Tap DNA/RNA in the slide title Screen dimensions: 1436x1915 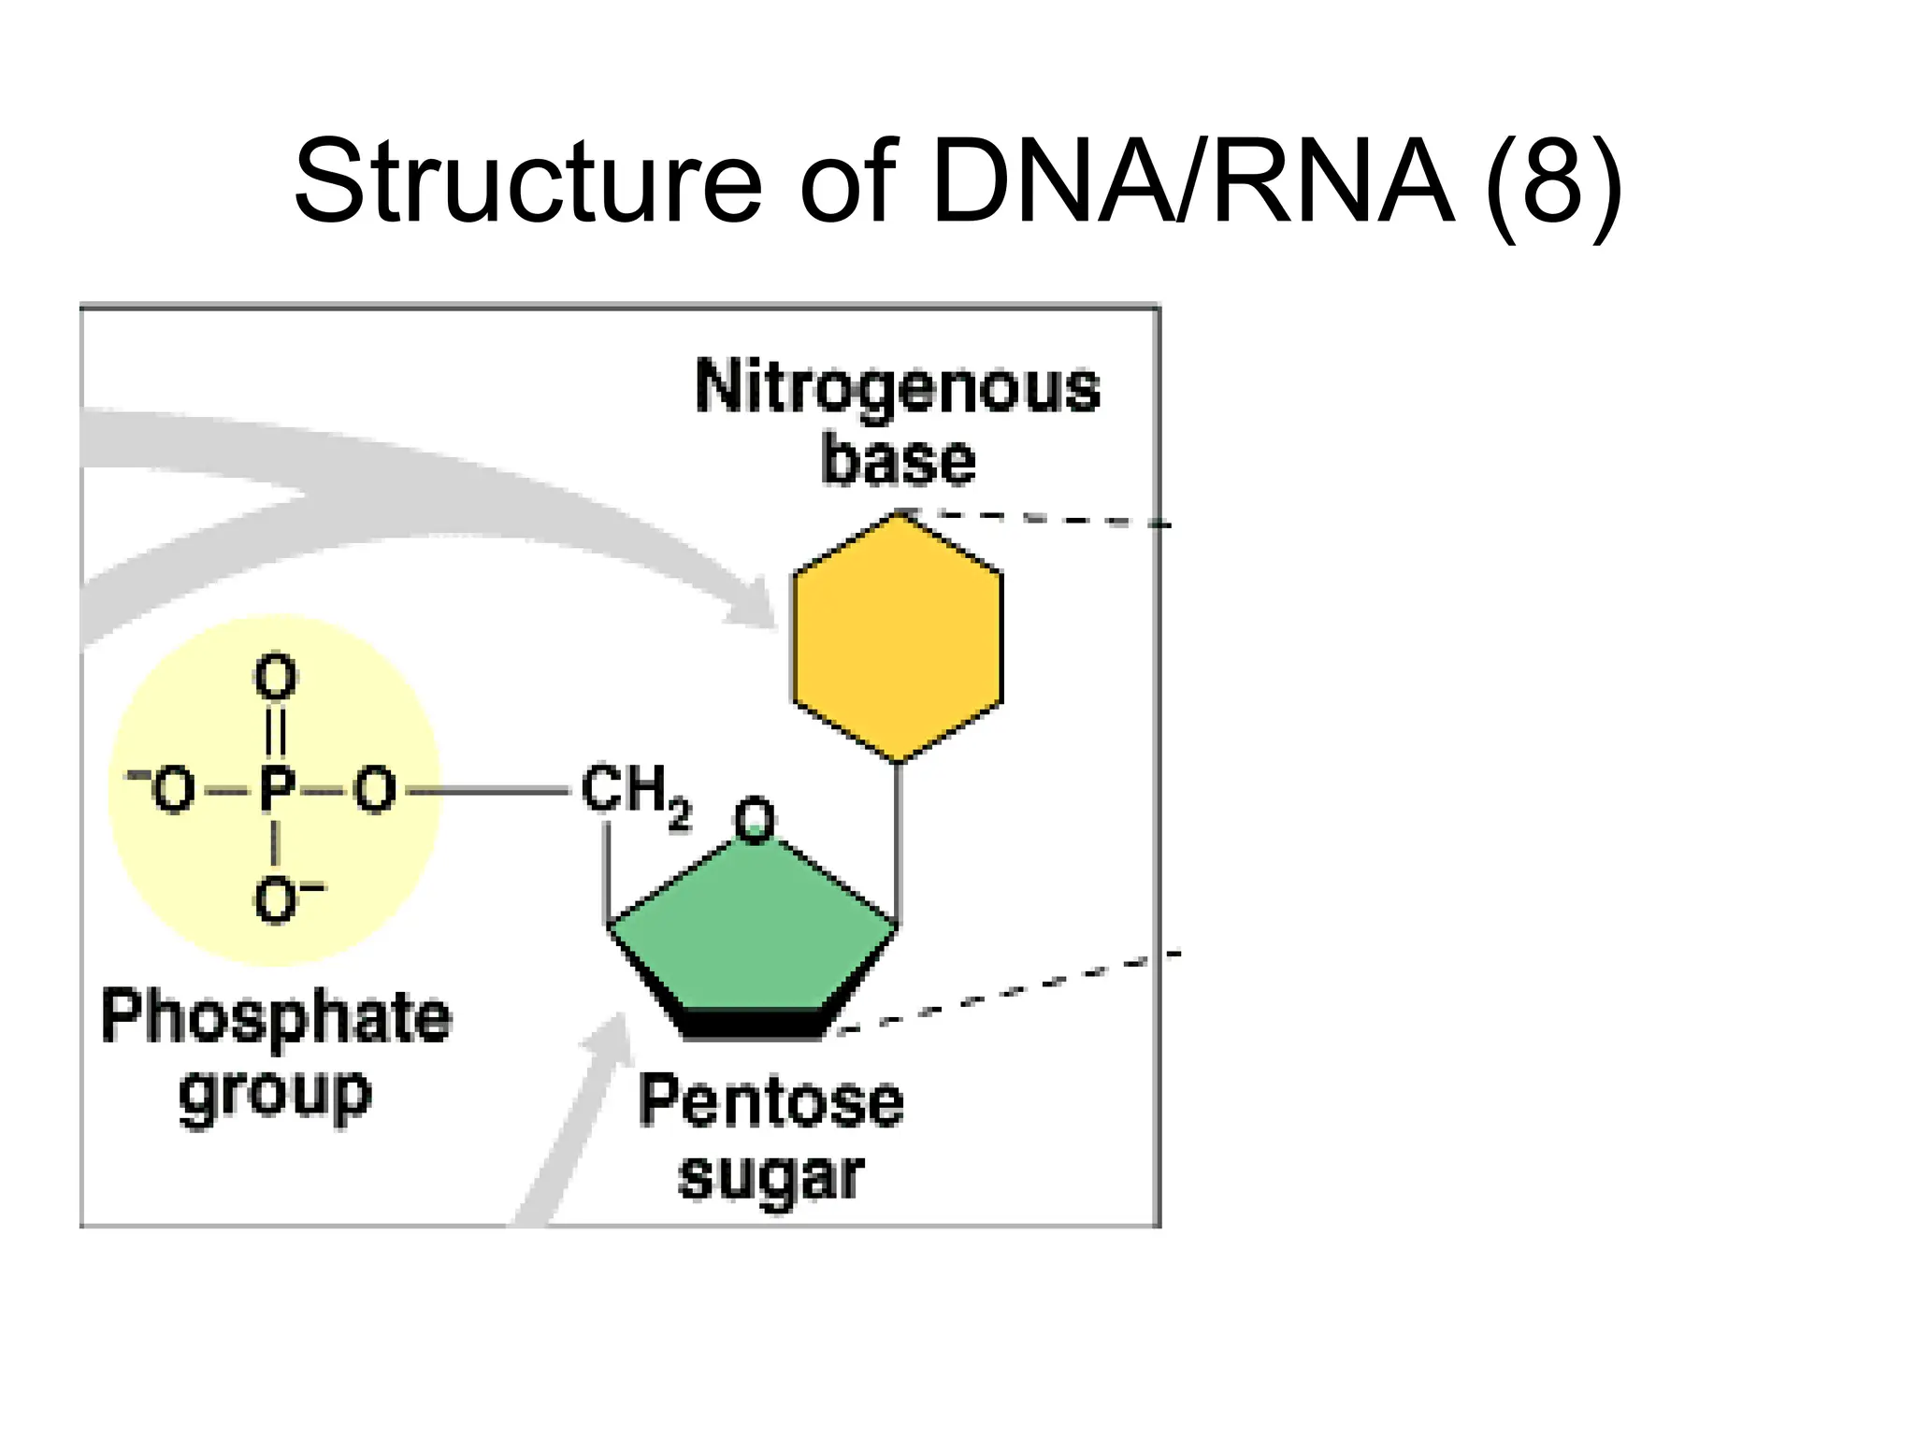(1193, 181)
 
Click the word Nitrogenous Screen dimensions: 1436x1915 (898, 388)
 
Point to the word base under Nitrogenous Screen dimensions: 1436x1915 (898, 460)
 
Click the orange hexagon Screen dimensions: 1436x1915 (898, 638)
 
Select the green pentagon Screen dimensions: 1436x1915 (753, 935)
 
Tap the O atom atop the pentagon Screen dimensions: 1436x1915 (754, 821)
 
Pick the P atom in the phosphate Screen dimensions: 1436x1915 (276, 791)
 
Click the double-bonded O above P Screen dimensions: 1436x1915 (276, 677)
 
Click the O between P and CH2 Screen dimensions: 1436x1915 (375, 791)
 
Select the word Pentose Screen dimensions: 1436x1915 (771, 1101)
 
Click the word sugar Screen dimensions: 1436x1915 (771, 1176)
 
